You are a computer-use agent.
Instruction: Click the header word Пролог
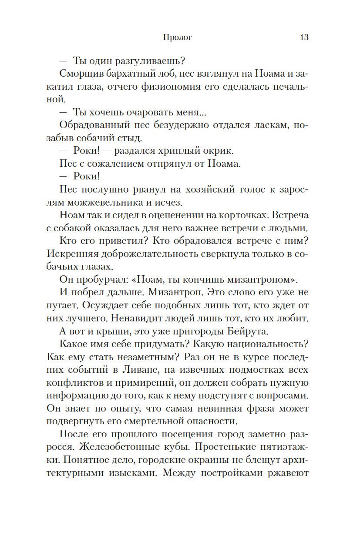coord(177,37)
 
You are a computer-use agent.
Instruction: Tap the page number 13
coord(304,37)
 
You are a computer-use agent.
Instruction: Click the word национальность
coord(267,344)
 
